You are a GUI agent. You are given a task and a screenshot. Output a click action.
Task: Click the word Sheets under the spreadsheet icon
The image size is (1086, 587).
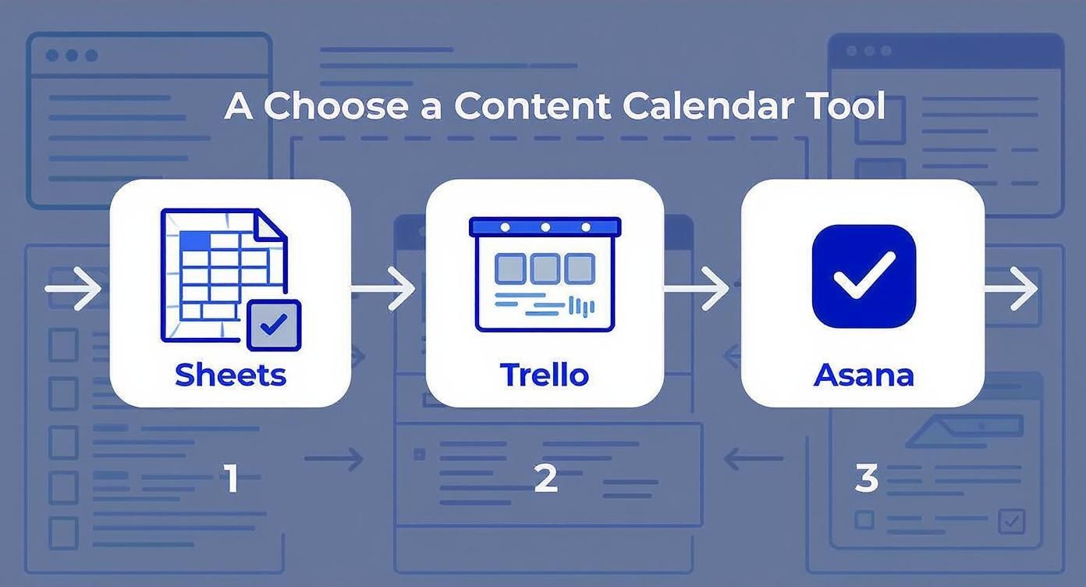230,375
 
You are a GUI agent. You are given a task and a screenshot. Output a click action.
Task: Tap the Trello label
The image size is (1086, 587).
544,375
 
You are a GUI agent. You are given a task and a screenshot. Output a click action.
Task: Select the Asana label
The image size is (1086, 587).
863,375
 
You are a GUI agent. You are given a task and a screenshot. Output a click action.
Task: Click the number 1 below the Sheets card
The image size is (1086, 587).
231,478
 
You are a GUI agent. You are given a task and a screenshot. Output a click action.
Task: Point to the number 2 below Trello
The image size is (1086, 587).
545,478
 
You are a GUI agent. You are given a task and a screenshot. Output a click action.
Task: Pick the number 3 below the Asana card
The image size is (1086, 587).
866,478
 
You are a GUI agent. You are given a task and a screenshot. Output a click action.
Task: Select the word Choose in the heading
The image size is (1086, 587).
335,106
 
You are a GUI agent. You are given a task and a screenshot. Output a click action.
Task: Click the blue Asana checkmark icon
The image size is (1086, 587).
863,276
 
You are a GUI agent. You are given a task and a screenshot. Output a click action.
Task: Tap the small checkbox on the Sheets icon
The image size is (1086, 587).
273,325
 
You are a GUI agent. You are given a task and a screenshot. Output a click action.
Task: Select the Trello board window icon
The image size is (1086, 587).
545,274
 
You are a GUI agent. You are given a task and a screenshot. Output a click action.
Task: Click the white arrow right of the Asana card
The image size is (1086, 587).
1012,290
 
